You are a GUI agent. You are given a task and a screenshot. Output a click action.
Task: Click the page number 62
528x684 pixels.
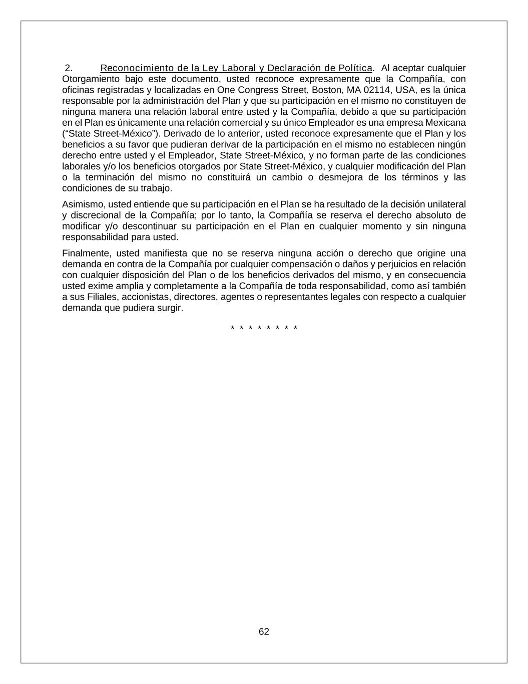click(x=264, y=631)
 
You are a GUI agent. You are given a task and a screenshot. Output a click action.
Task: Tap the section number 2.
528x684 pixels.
click(x=69, y=68)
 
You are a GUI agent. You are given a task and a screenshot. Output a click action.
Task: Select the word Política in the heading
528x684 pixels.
click(x=355, y=68)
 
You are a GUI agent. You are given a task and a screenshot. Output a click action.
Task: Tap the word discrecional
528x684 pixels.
click(x=97, y=215)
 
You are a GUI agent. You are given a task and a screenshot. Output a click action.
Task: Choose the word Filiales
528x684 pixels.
click(x=102, y=297)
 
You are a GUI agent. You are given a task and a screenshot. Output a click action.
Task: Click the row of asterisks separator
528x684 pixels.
click(x=264, y=328)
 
